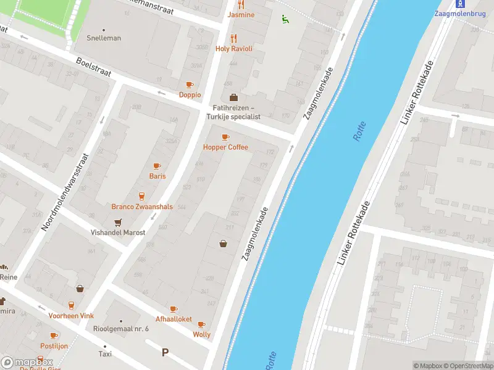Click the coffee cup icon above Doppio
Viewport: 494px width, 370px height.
click(190, 85)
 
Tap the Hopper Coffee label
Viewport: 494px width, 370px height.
click(225, 147)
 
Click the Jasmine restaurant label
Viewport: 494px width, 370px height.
click(241, 15)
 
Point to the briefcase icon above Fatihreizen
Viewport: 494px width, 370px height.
click(233, 97)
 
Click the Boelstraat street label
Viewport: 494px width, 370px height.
click(93, 68)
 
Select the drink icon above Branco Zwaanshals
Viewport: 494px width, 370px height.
click(141, 196)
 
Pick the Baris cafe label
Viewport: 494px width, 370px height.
click(157, 176)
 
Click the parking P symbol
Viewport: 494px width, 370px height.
click(165, 353)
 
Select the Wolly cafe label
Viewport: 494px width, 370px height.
click(201, 335)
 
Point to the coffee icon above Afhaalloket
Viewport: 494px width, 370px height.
click(174, 310)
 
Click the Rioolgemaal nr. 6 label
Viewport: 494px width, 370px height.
click(121, 329)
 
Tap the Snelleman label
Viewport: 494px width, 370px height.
click(104, 38)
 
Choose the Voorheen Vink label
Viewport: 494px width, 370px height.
click(71, 316)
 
